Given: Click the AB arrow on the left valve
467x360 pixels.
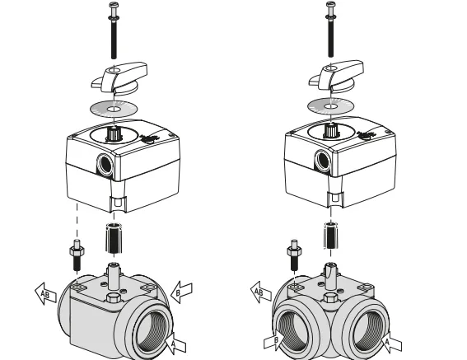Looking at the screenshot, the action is [x=45, y=294].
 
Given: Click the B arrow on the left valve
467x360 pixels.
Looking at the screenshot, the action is [x=181, y=292].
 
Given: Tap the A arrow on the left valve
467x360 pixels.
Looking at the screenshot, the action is [x=175, y=344].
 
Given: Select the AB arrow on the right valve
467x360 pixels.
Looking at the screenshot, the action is [x=260, y=292].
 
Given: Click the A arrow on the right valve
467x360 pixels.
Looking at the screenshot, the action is [x=390, y=342].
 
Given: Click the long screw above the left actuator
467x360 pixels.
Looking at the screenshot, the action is [x=114, y=30].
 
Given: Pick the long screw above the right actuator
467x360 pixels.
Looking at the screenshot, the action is [x=330, y=29].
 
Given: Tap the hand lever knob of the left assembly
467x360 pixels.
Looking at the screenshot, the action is [x=119, y=77].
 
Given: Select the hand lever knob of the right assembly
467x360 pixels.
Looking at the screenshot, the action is [x=336, y=76].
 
